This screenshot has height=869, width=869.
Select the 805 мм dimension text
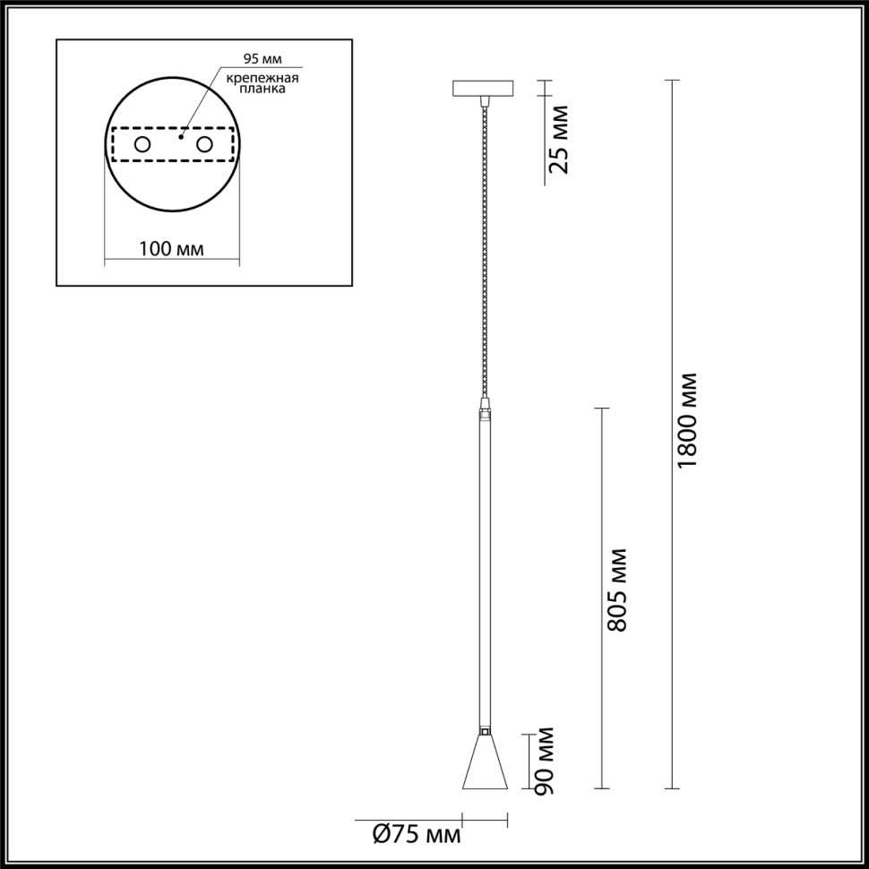tap(615, 589)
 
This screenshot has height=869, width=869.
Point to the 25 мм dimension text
tap(558, 139)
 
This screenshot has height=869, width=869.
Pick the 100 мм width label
tap(171, 247)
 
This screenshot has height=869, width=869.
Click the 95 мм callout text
tap(262, 60)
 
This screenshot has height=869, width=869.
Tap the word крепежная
tap(262, 78)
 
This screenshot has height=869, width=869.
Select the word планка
tap(262, 90)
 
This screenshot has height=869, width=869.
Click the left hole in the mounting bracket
tap(142, 144)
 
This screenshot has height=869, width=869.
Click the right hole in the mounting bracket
tap(204, 144)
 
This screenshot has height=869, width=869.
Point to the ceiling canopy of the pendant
tap(484, 90)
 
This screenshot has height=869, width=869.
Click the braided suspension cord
tap(485, 251)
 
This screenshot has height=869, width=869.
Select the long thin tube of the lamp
tap(485, 573)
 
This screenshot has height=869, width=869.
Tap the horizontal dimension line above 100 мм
tap(171, 262)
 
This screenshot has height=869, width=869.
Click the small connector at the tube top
tap(485, 414)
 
